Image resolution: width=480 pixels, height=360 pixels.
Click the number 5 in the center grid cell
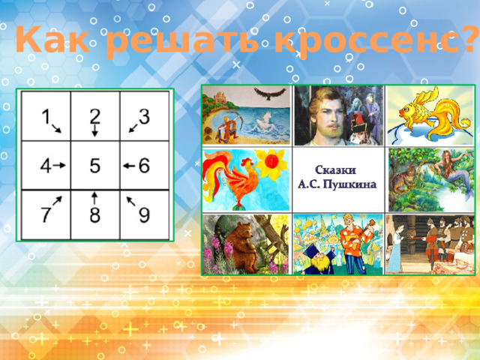(95, 166)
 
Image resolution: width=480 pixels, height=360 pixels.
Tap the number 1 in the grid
(46, 117)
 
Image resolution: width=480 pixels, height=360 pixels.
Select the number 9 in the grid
(144, 215)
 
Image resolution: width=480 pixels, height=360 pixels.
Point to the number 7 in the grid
(46, 215)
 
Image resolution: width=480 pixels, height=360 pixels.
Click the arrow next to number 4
(61, 165)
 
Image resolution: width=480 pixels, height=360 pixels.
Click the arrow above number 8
(94, 198)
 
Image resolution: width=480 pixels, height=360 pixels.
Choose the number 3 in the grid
(144, 117)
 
